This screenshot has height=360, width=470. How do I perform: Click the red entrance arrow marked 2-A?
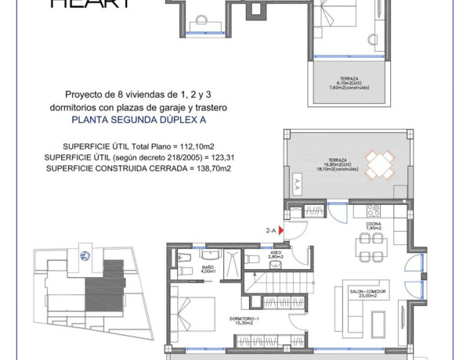pyautogui.click(x=280, y=231)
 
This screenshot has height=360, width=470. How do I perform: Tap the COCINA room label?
pyautogui.click(x=373, y=225)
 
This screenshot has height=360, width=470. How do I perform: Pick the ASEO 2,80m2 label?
pyautogui.click(x=276, y=255)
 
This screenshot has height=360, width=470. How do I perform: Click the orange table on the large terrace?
pyautogui.click(x=380, y=165)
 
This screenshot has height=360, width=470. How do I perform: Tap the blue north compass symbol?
pyautogui.click(x=84, y=254)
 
